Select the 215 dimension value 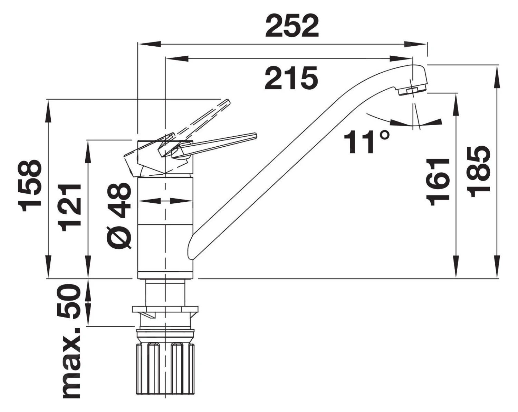click(x=291, y=78)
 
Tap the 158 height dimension click(x=32, y=186)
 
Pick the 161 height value click(x=438, y=182)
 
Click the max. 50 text click(x=71, y=341)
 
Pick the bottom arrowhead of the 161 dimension click(x=457, y=272)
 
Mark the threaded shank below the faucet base click(x=166, y=292)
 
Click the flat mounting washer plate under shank click(x=165, y=309)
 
